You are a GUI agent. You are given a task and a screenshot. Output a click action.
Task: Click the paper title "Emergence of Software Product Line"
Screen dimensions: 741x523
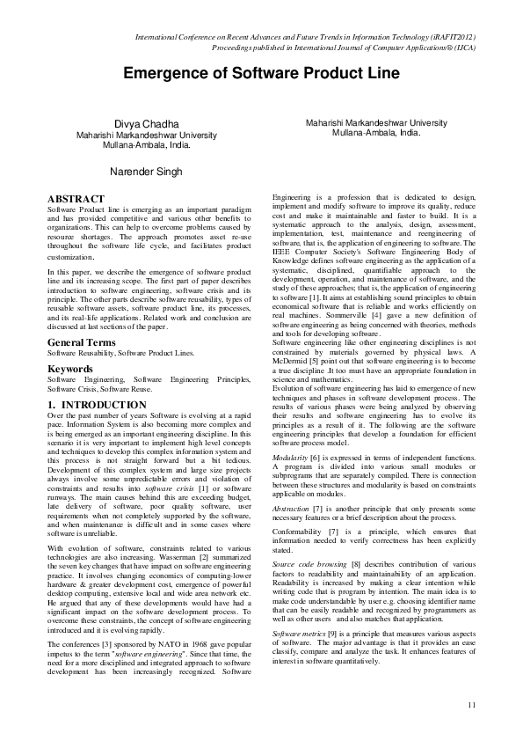pos(260,73)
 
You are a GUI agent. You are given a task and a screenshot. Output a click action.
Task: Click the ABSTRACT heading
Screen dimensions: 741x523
pos(76,199)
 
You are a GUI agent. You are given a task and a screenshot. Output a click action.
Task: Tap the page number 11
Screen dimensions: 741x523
pos(472,704)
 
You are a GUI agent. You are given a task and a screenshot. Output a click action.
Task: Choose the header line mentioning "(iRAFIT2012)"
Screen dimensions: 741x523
pos(305,37)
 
